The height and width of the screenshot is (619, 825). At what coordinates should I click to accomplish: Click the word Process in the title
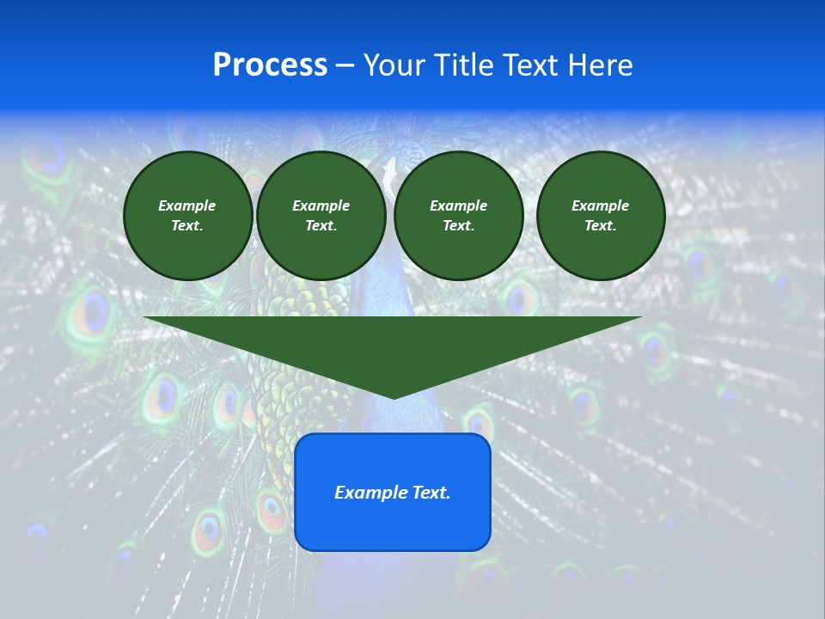coord(270,64)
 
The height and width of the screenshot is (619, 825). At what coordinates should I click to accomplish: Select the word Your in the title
coord(394,64)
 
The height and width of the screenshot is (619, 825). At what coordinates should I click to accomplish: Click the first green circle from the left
coord(188,216)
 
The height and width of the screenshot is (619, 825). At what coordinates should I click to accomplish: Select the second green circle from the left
coord(321,216)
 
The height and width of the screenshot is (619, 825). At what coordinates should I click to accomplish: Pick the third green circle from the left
coord(458,216)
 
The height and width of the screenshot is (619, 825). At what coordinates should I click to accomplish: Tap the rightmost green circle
coord(601,216)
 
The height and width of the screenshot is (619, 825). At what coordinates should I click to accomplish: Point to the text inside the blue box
coord(393,493)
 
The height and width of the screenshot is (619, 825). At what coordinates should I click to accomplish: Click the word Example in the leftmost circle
coord(187,205)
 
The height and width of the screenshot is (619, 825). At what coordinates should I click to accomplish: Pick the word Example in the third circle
coord(458,205)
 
